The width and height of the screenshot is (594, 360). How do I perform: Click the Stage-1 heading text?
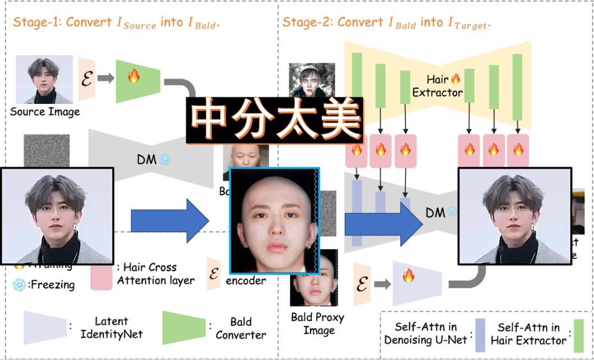tap(116, 23)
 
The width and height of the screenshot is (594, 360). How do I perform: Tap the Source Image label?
tap(45, 112)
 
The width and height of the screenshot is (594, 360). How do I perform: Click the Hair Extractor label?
tap(437, 86)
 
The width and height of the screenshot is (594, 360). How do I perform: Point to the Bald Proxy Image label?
tap(318, 324)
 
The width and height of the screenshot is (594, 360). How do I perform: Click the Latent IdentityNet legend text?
tap(111, 328)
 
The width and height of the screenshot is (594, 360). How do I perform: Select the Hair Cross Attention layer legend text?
tap(155, 274)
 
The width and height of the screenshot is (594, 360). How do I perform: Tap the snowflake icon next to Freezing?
tap(19, 285)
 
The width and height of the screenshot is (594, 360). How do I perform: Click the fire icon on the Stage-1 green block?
tap(134, 76)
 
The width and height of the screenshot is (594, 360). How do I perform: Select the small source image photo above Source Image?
tap(44, 79)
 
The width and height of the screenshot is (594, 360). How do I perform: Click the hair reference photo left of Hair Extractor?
tap(304, 81)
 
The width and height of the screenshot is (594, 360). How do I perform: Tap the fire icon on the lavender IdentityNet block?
tap(408, 276)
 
